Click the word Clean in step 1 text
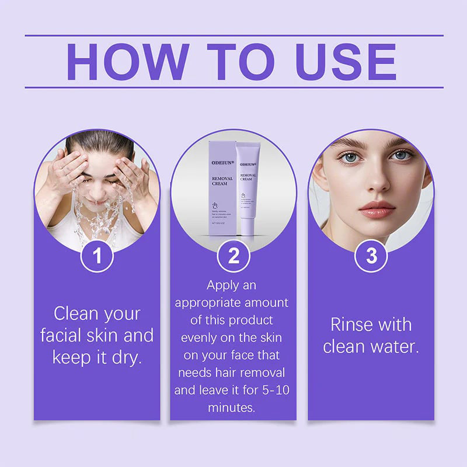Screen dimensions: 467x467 [x=75, y=314]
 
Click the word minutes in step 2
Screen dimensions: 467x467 [x=232, y=407]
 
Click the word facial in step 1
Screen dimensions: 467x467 [x=62, y=336]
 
